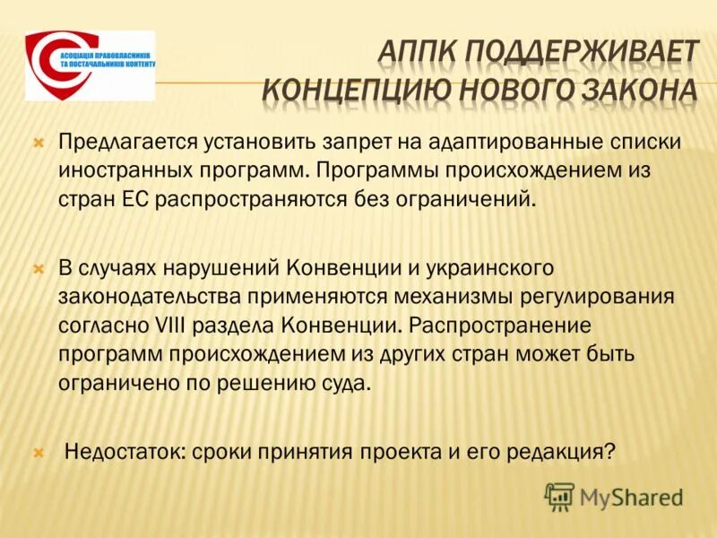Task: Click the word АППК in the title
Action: [x=419, y=51]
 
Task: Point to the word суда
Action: [x=342, y=381]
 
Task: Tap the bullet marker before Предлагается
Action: [x=38, y=142]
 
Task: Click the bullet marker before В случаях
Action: [x=38, y=268]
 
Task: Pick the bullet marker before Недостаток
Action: [x=38, y=452]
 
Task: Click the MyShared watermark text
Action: [x=631, y=496]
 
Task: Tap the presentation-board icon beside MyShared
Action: [x=559, y=496]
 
